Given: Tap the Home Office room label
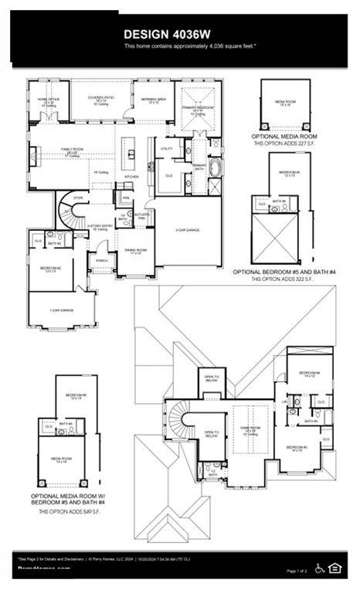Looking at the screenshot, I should point(49,100).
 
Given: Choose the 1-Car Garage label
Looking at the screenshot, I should point(60,310).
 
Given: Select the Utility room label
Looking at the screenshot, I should point(167,148).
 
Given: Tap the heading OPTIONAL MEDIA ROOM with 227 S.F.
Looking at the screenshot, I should point(285,136).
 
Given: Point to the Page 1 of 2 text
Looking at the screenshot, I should point(297,571).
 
